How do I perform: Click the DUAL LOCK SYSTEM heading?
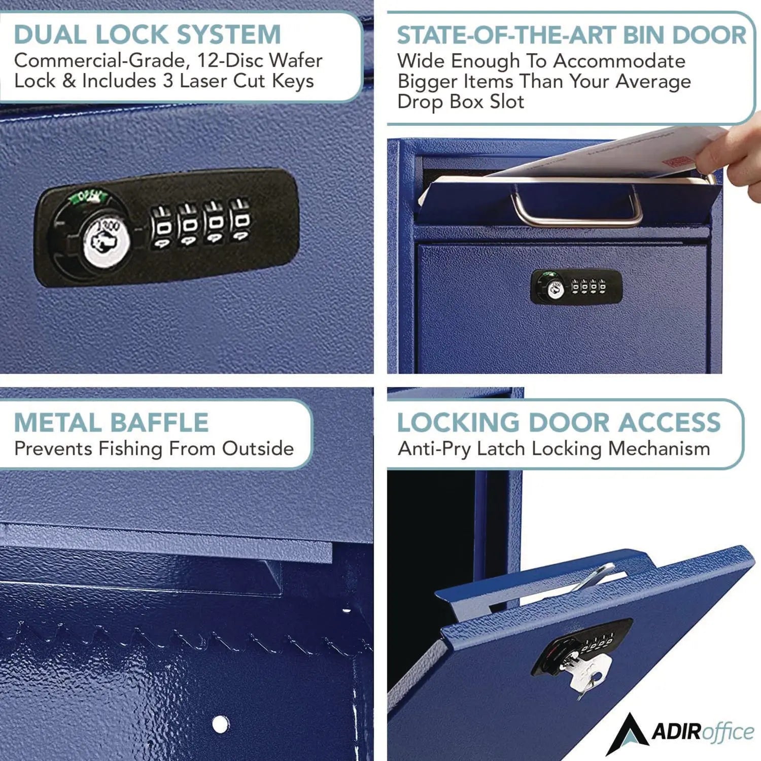[147, 34]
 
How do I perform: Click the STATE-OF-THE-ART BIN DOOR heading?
[571, 35]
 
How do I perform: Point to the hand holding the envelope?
[731, 152]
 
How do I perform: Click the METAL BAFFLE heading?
[111, 423]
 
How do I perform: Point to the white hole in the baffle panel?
[220, 724]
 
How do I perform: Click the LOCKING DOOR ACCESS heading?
[559, 423]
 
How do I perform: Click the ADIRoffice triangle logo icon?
[628, 733]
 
